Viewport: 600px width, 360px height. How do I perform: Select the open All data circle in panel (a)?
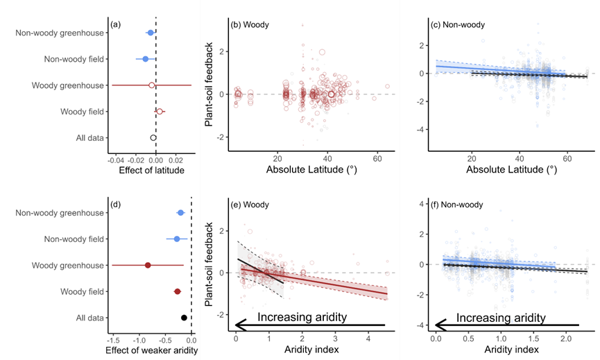coord(153,137)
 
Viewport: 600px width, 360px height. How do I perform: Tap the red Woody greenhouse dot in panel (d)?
coord(148,265)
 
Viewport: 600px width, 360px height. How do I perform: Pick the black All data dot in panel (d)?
coord(184,318)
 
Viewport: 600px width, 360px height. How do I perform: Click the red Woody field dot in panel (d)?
coord(177,291)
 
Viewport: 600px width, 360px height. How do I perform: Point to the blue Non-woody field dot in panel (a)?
coord(146,59)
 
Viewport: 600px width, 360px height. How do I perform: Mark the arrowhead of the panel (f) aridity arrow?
coord(439,324)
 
